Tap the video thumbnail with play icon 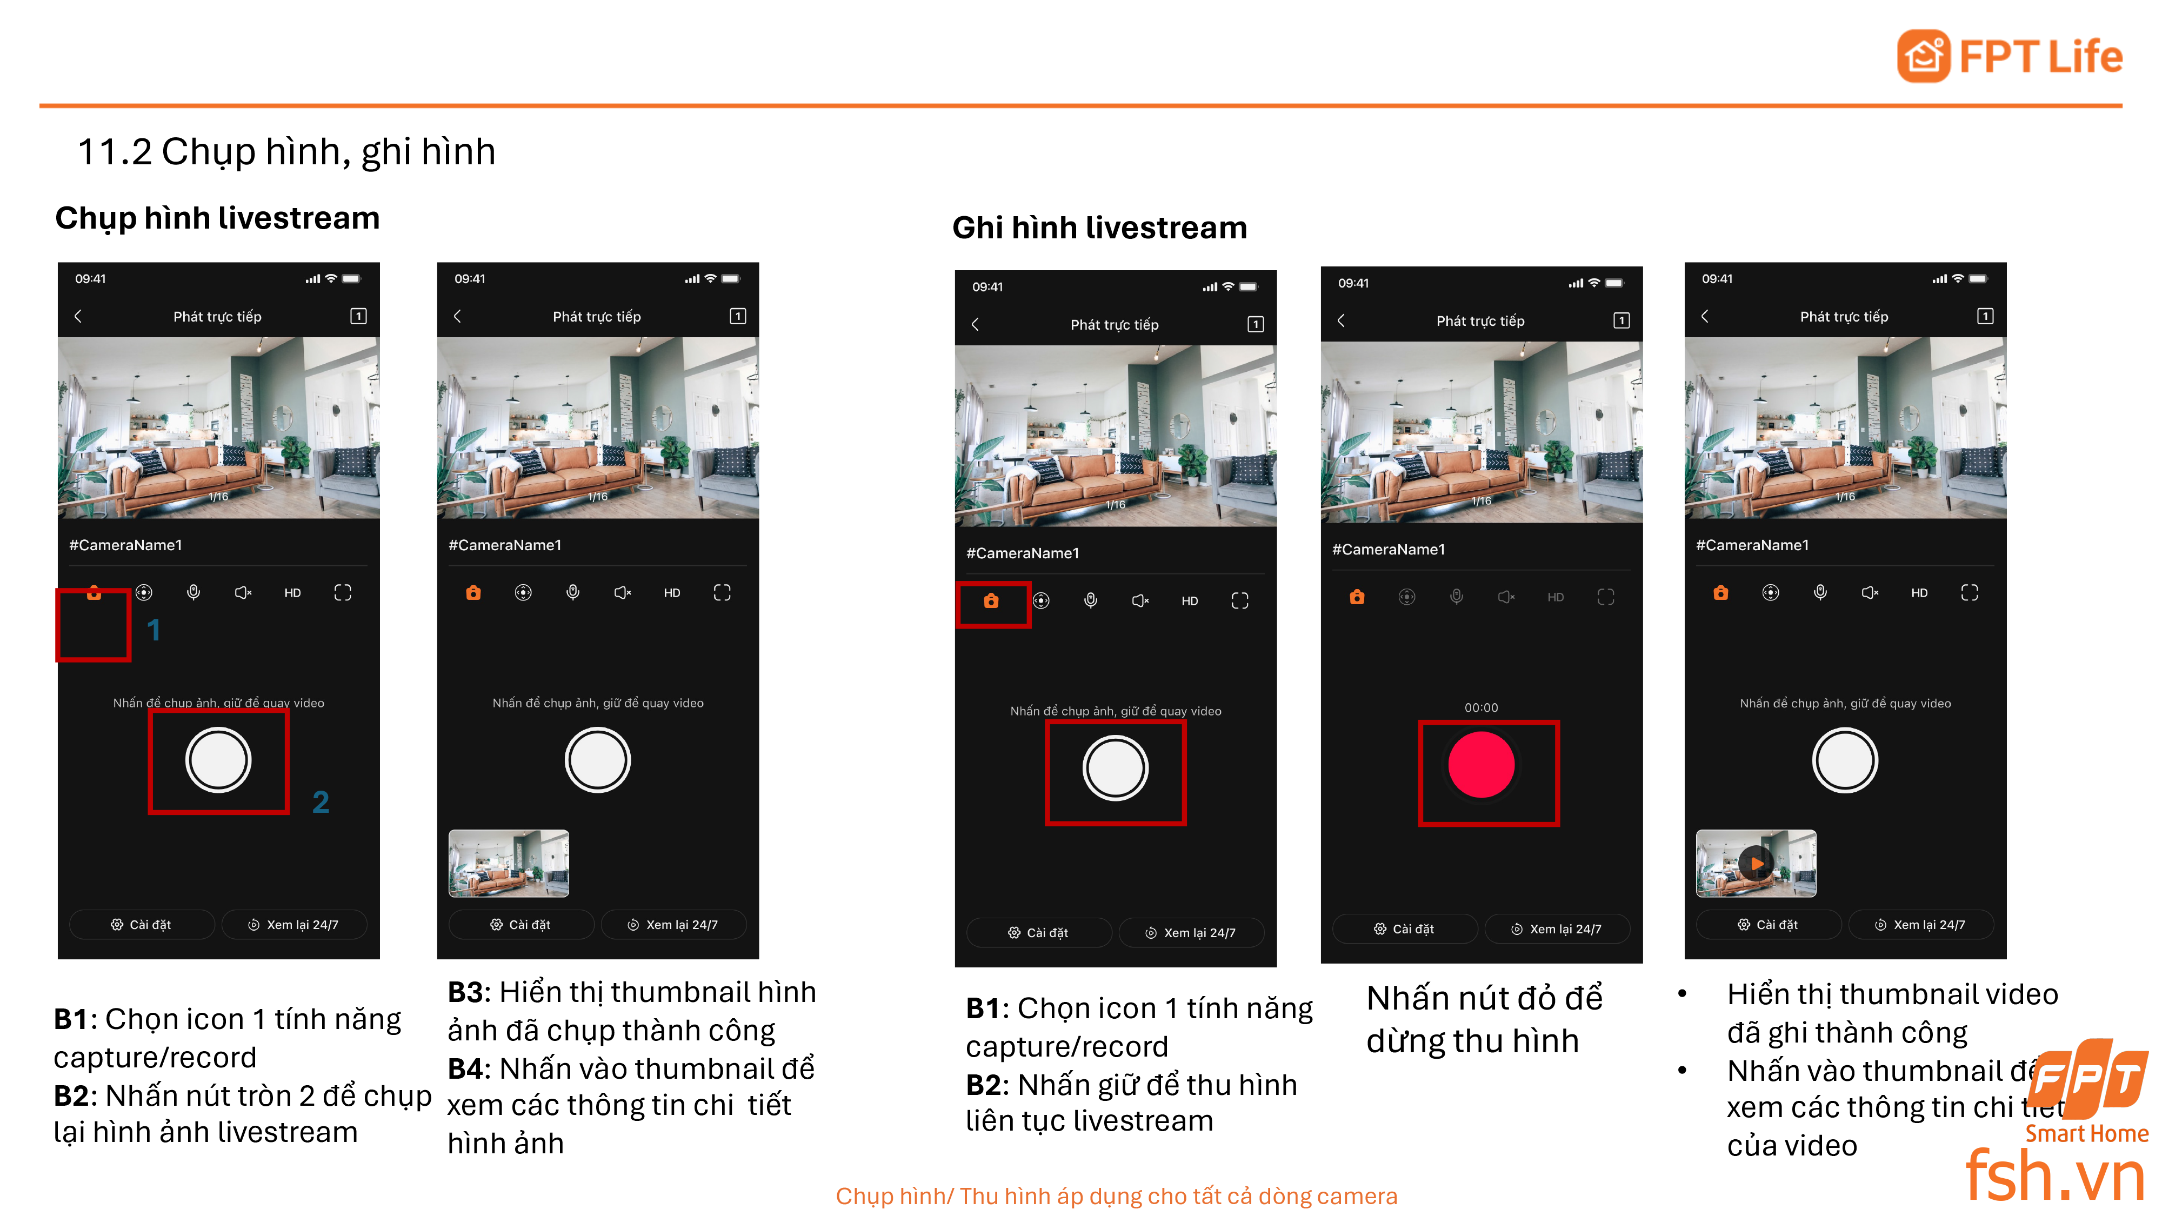coord(1755,863)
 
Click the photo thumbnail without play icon coord(509,863)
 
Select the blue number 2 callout coord(321,802)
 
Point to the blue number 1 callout coord(154,630)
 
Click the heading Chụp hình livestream coord(217,218)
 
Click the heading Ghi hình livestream coord(1099,228)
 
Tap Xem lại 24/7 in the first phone coord(293,925)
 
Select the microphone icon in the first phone coord(193,592)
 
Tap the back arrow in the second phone coord(457,316)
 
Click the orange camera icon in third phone coord(991,601)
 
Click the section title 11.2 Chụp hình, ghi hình coord(286,152)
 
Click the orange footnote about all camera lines coord(1116,1196)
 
